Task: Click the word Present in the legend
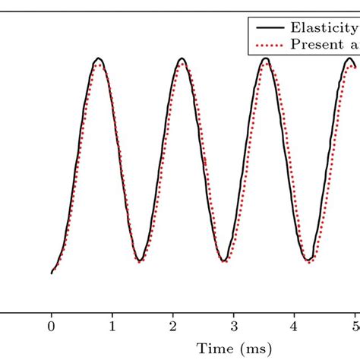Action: tap(318, 45)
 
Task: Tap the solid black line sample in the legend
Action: tap(270, 27)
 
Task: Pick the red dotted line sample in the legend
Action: tap(270, 45)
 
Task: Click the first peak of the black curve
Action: tap(98, 58)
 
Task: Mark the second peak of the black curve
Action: tap(182, 58)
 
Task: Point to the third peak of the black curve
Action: tap(266, 58)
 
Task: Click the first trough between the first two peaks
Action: tap(139, 261)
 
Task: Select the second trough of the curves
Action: tap(223, 261)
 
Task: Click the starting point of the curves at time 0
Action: tap(52, 273)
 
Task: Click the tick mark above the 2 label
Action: tap(173, 308)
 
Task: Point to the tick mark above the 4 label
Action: tap(295, 308)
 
